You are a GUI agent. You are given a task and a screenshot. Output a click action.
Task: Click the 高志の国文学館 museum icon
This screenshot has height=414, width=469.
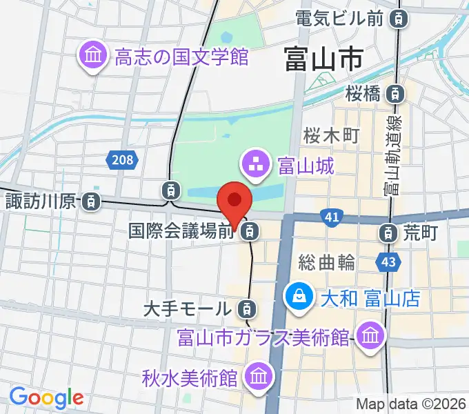pos(92,56)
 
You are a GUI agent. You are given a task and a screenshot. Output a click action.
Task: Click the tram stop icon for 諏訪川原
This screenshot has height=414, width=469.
pos(90,202)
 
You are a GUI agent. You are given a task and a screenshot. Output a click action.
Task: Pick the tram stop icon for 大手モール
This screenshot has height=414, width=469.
pos(245,308)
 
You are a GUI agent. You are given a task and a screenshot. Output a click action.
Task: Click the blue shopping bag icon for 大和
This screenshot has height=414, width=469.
pos(299,298)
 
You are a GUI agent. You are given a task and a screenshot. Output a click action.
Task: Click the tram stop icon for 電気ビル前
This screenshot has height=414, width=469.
pos(398,19)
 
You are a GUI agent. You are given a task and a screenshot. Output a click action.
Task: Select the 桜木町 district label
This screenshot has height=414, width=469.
pos(332,135)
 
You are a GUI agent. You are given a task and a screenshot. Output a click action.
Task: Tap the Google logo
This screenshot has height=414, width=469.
pos(46,397)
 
